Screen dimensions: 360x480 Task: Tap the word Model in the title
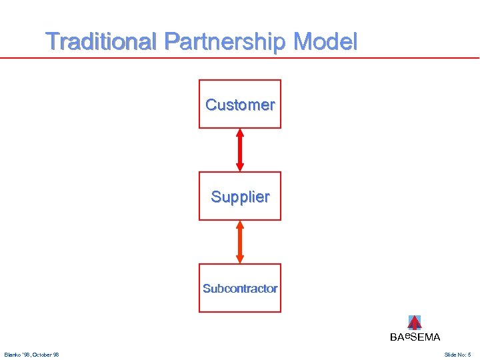[x=326, y=42]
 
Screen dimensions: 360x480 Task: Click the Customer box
[x=240, y=104]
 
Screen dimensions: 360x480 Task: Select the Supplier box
[x=240, y=196]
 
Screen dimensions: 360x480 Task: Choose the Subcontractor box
[x=240, y=288]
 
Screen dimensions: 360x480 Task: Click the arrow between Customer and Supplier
[x=240, y=150]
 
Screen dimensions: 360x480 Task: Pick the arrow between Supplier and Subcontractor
[x=240, y=242]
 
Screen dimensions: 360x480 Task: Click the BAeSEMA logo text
[x=415, y=337]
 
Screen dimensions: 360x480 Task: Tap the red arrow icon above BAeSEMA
[x=414, y=323]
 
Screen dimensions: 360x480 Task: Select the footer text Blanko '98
[x=17, y=355]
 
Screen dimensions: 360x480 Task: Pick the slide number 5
[x=469, y=355]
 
